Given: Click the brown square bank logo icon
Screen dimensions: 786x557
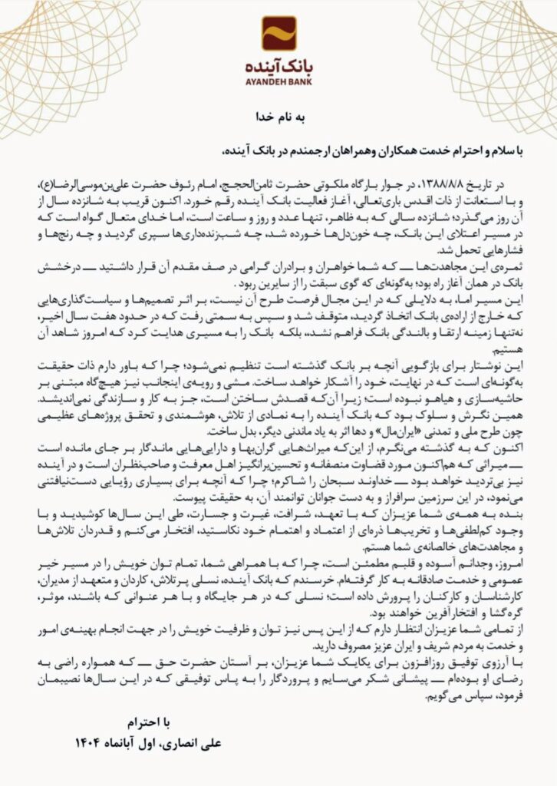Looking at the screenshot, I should click(278, 33).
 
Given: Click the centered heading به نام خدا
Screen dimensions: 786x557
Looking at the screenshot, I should click(278, 117).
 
